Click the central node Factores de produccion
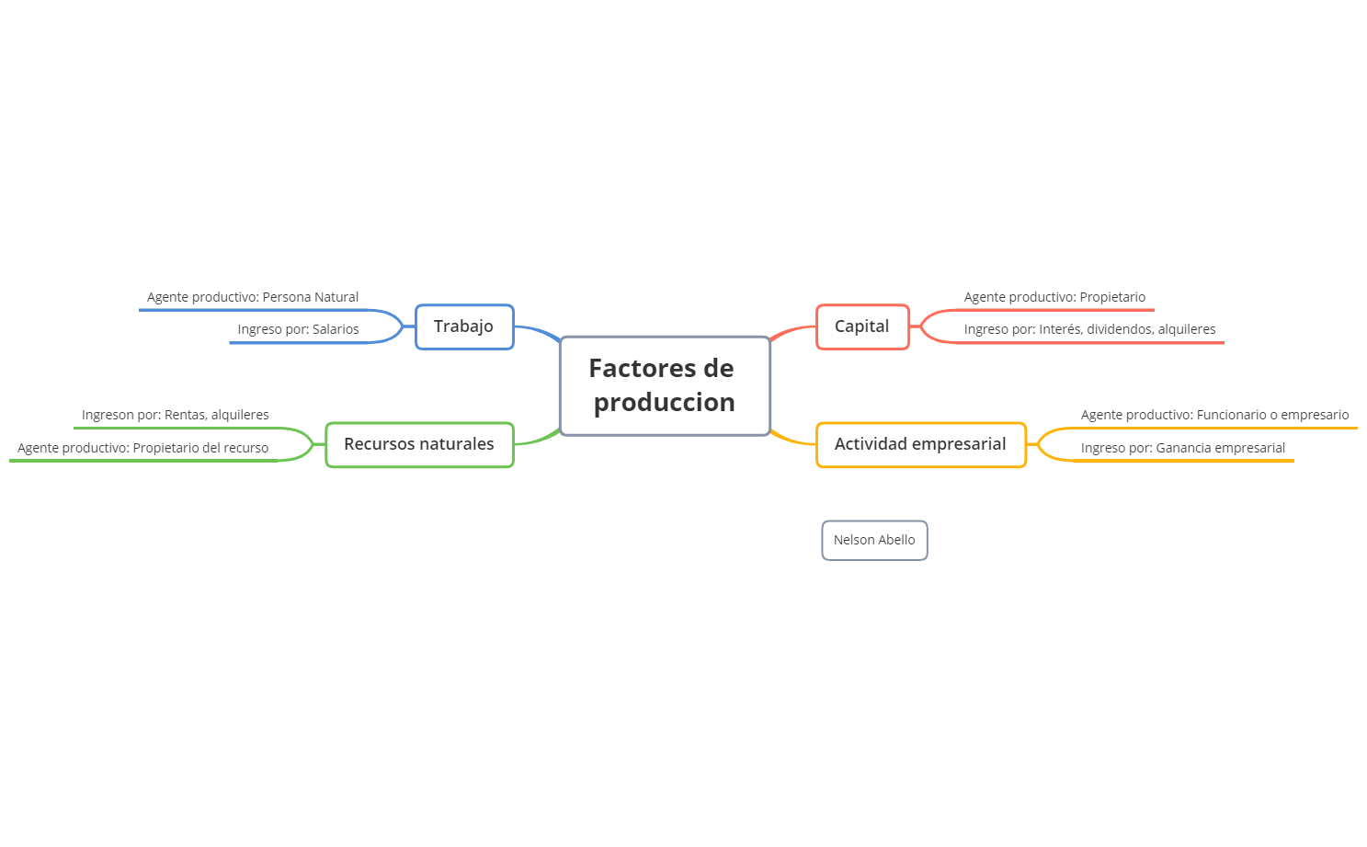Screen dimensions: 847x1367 [665, 385]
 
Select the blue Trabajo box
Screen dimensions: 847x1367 [464, 326]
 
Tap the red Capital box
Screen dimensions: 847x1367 [862, 326]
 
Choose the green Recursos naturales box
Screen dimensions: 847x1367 [419, 444]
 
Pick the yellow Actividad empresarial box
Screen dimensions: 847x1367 [920, 444]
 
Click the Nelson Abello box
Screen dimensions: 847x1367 [874, 540]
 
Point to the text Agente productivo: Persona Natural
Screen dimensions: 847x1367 [253, 297]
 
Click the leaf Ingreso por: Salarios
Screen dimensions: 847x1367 [298, 329]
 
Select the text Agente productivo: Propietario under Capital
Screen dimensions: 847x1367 [1054, 297]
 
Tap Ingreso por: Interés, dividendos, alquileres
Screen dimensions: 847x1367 [1089, 329]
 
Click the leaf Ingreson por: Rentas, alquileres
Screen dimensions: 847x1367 [176, 415]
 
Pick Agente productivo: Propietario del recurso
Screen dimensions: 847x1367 [143, 448]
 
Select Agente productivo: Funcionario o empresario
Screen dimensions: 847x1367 [1214, 415]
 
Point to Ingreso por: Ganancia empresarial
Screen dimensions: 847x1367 [1182, 448]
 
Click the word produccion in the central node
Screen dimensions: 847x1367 [665, 403]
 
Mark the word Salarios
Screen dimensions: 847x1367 [336, 329]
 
